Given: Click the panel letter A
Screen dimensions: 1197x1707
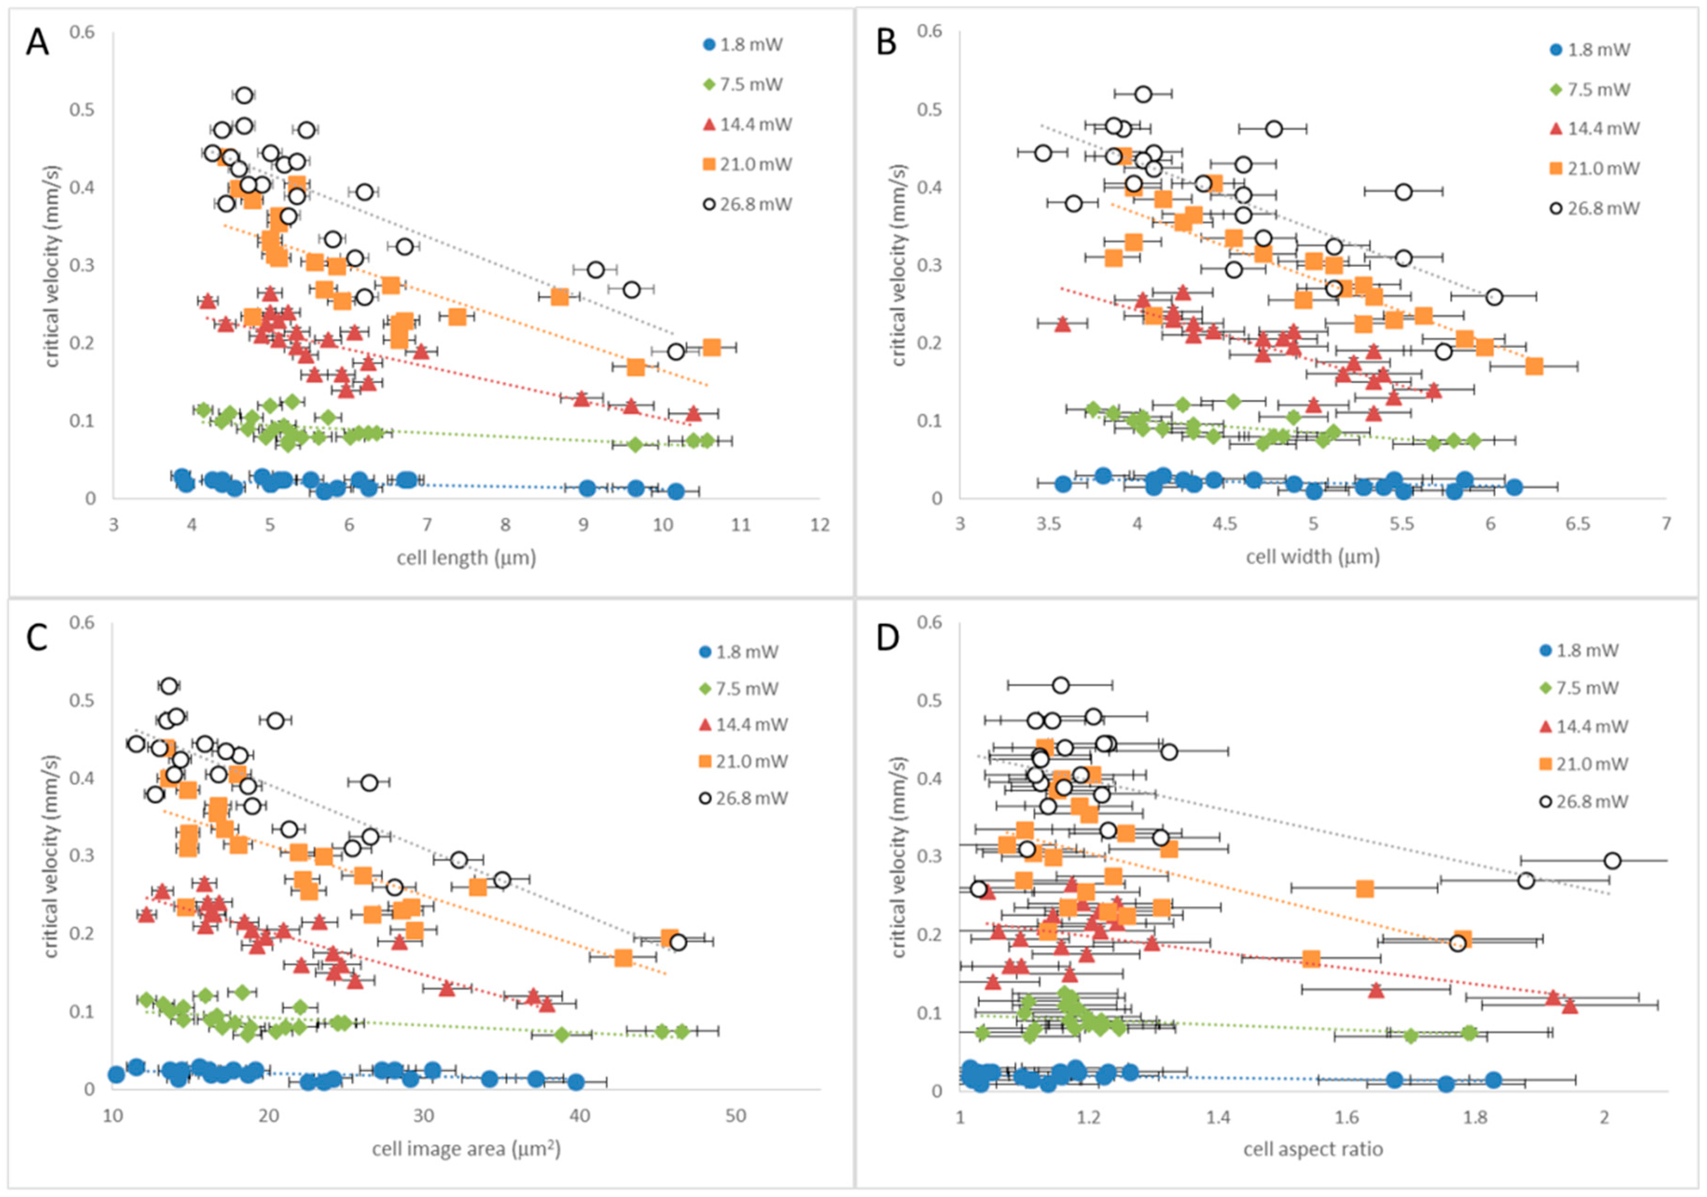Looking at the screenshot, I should (37, 43).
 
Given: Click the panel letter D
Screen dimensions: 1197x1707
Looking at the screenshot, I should (888, 639).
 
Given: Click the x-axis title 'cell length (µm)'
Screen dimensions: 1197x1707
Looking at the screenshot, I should (466, 558).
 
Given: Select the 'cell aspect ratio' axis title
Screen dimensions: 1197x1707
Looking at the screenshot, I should (1313, 1149).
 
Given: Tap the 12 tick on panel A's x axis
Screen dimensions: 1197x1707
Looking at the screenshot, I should (819, 525).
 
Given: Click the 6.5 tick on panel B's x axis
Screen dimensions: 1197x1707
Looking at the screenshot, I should (1578, 525).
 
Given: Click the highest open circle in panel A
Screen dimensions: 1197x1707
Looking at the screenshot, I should (244, 95).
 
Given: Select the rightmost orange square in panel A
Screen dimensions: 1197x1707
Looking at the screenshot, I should (712, 347).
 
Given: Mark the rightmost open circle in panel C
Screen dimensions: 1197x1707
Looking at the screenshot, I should (677, 942).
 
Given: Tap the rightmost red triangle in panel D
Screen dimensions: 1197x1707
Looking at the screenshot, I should (1569, 1006).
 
